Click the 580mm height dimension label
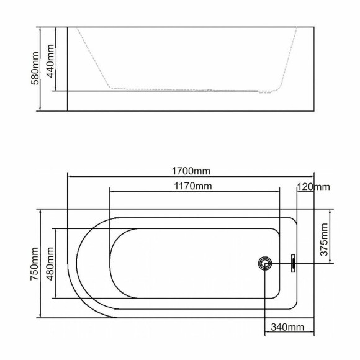[35, 68]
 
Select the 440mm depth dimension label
[50, 61]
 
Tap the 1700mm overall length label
[191, 171]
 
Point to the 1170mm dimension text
[193, 186]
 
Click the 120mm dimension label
[313, 187]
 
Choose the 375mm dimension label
[324, 240]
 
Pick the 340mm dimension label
[287, 327]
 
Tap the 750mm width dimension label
[34, 264]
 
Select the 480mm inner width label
[50, 264]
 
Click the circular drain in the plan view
[264, 263]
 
